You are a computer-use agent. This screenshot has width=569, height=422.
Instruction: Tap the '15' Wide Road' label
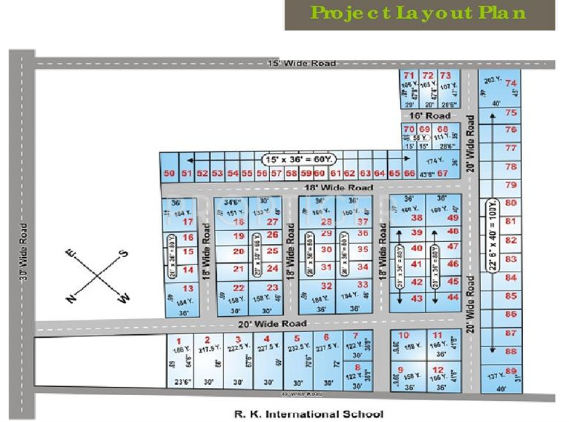click(x=302, y=64)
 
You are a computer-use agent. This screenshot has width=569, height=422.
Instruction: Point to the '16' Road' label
click(x=429, y=115)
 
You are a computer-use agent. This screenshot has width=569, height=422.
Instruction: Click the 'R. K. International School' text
click(x=308, y=414)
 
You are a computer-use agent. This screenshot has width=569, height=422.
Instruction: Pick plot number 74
click(x=512, y=83)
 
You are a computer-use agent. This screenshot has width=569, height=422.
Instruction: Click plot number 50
click(x=169, y=174)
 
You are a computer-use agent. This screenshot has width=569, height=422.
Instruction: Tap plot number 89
click(x=512, y=370)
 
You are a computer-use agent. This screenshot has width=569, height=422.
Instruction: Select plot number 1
click(x=178, y=339)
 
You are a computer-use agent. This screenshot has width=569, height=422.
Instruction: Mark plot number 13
click(x=188, y=288)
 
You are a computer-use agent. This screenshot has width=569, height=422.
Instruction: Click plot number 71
click(x=409, y=76)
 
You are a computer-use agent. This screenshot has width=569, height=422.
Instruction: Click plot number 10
click(x=404, y=335)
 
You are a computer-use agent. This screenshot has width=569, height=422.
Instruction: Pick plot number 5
click(x=296, y=338)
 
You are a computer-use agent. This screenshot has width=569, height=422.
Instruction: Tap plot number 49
click(x=453, y=218)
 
